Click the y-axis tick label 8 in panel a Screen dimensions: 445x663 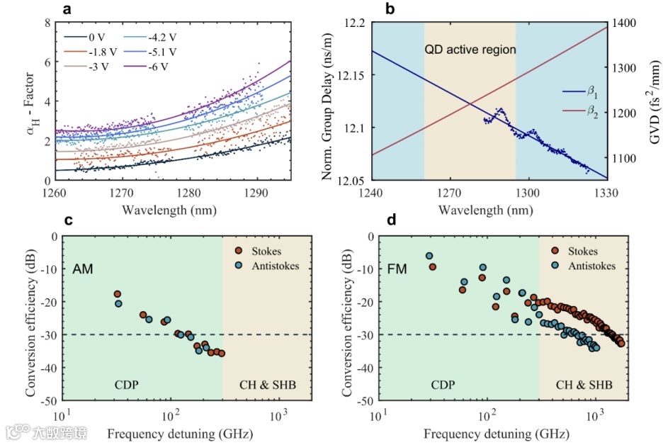pyautogui.click(x=47, y=23)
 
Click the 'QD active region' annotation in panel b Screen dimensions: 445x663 pyautogui.click(x=470, y=50)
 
